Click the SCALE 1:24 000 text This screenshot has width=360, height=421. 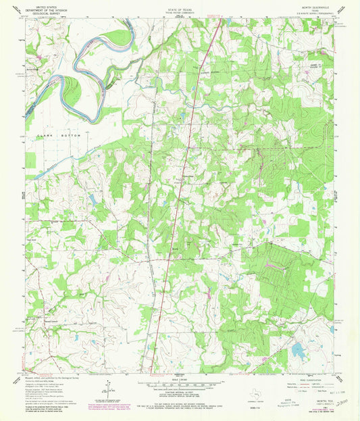click(x=180, y=379)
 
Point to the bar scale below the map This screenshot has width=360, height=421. click(x=180, y=385)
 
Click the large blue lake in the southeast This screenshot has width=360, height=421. click(x=297, y=349)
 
